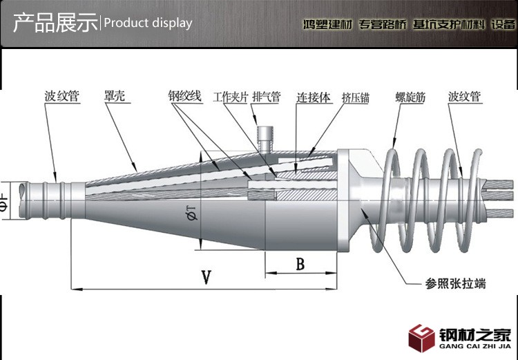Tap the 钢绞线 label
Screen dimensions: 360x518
coord(184,98)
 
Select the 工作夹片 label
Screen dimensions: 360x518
coord(230,98)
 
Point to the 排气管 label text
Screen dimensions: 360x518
coord(266,98)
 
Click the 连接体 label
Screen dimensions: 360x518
coord(309,98)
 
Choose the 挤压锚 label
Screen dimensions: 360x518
coord(355,98)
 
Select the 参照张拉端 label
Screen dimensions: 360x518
coord(455,283)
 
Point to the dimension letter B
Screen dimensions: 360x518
coord(300,263)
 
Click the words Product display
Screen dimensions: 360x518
coord(148,23)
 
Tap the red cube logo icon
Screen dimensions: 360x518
coord(421,338)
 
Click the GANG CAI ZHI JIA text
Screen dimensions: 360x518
coord(475,346)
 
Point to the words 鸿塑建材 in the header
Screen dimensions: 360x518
coord(328,24)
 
